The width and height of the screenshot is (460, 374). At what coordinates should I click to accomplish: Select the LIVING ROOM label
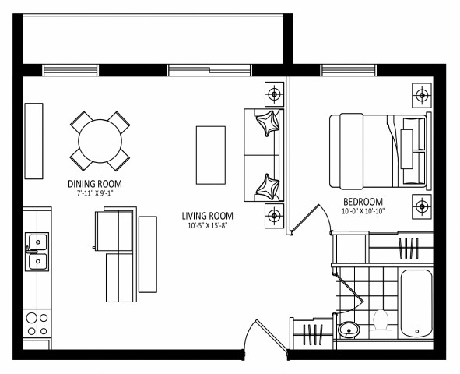coord(207,217)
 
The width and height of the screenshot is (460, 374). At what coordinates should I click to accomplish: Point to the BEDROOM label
coord(362,201)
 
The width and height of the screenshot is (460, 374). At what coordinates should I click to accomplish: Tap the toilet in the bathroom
coord(381,323)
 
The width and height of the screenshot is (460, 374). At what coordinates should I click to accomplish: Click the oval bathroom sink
coord(349,328)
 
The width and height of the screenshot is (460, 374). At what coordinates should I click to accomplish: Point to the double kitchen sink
coord(36,252)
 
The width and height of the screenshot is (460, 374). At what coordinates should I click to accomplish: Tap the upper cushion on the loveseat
coord(269,122)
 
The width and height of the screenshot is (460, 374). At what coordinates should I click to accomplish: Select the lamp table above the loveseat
coord(274,95)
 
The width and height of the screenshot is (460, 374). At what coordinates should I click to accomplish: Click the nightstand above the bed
coord(422,96)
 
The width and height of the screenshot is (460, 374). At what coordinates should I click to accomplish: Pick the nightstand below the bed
coord(422,206)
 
